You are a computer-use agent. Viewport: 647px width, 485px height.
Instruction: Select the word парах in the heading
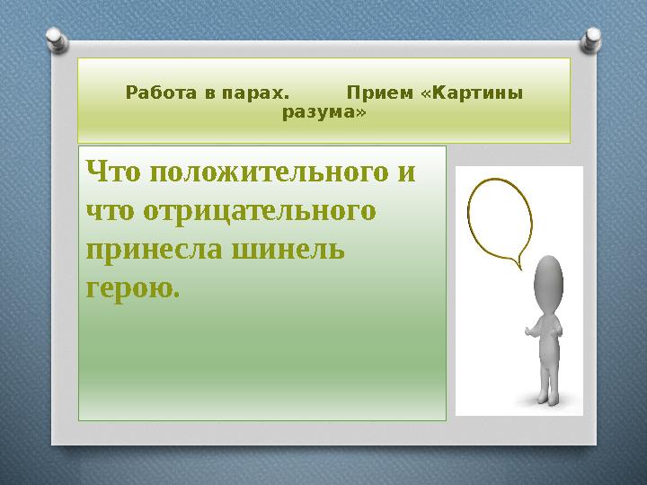coord(260,93)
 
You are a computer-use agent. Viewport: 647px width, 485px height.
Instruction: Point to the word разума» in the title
coord(324,113)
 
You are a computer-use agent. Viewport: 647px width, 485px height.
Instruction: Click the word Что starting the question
coord(111,171)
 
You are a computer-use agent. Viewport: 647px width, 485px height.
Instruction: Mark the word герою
coord(132,288)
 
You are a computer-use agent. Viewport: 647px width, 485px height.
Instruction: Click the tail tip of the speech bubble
coord(518,267)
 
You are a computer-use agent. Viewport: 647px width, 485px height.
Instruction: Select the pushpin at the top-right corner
coord(593,38)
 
